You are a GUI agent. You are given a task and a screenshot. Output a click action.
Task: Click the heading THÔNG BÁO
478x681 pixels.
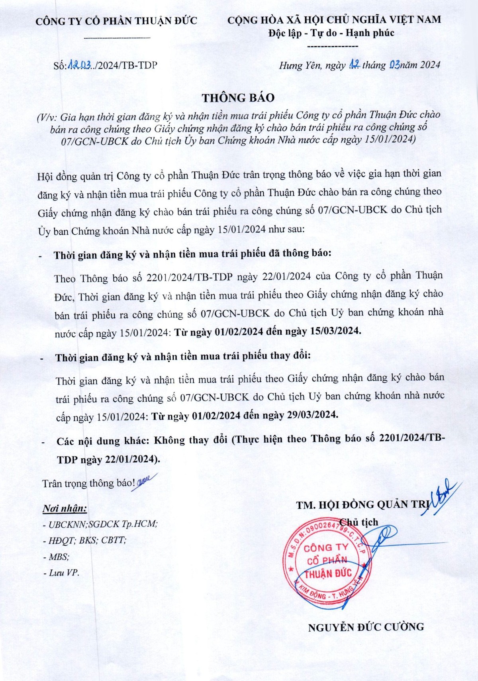pyautogui.click(x=238, y=98)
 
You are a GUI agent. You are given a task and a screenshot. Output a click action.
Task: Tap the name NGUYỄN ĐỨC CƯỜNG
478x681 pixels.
pyautogui.click(x=366, y=627)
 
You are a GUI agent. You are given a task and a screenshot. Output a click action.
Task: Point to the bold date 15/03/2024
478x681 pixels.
pyautogui.click(x=335, y=331)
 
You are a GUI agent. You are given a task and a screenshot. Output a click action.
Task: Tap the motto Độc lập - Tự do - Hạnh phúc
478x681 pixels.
pyautogui.click(x=331, y=33)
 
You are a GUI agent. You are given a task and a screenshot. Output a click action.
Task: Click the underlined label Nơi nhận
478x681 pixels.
pyautogui.click(x=65, y=508)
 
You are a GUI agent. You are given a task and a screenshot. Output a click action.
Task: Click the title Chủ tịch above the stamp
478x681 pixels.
pyautogui.click(x=358, y=522)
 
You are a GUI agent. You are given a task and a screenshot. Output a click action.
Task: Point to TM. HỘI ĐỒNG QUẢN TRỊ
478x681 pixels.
pyautogui.click(x=361, y=505)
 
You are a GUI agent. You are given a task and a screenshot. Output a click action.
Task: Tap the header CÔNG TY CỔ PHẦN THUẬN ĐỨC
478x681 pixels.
pyautogui.click(x=116, y=21)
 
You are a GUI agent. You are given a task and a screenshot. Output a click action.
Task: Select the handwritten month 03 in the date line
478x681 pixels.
pyautogui.click(x=394, y=65)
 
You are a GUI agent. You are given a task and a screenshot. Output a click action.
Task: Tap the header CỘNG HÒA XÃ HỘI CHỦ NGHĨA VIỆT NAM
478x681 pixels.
pyautogui.click(x=334, y=20)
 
